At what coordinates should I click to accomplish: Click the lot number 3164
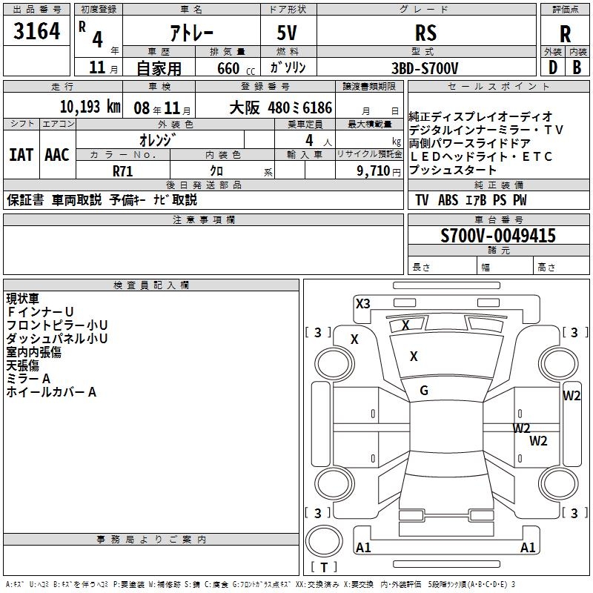[37, 32]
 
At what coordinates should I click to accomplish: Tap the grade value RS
[425, 33]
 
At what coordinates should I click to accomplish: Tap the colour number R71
[123, 170]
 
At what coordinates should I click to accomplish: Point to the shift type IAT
[21, 155]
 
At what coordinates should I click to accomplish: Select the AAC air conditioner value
[57, 155]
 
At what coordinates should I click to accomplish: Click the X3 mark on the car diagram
[362, 303]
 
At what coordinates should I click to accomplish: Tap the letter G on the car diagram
[424, 391]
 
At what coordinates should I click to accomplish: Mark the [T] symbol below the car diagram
[324, 568]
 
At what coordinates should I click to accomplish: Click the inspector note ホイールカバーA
[51, 392]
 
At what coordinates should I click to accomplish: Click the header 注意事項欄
[204, 220]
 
